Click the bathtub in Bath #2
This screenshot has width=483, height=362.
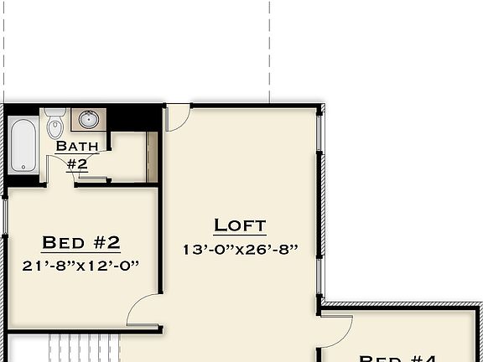point(23,144)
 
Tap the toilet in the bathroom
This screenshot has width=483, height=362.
point(55,124)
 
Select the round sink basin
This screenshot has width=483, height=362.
point(87,120)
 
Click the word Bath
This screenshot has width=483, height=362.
point(77,147)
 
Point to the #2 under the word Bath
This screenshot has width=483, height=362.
point(77,163)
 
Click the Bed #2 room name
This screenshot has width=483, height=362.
point(81,243)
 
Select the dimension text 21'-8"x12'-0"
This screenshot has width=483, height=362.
point(81,265)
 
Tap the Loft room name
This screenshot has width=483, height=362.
point(240,225)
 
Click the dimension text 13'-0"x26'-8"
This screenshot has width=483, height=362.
point(240,249)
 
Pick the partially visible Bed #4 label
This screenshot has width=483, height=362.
point(398,358)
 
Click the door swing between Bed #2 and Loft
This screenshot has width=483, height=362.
point(143,311)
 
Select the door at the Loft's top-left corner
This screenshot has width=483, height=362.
point(177,117)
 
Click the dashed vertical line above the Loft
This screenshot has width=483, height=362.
point(270,50)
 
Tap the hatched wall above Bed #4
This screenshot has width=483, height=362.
point(402,305)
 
